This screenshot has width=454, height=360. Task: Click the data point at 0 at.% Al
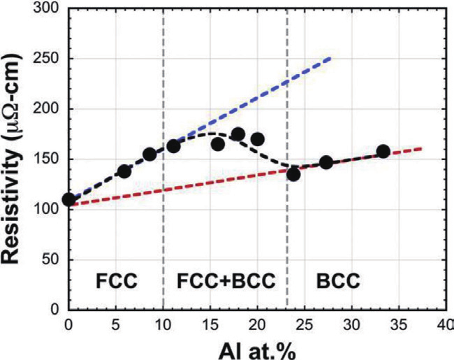[68, 199]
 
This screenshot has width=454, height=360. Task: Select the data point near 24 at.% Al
[293, 174]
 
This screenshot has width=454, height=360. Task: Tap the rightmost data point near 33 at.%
[383, 151]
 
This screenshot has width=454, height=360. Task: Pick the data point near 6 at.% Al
[124, 171]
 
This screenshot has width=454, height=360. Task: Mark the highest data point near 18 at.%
[237, 134]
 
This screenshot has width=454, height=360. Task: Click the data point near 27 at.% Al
[326, 162]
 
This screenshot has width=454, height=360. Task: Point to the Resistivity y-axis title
[15, 159]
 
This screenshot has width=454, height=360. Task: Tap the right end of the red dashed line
[420, 148]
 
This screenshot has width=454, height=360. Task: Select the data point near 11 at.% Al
[173, 146]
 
